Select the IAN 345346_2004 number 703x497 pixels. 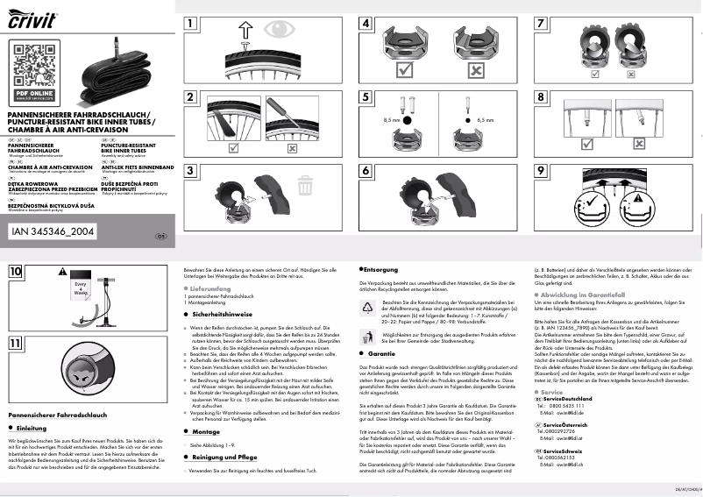(x=54, y=231)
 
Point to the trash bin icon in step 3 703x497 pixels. (x=305, y=185)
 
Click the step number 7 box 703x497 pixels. (x=543, y=24)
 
